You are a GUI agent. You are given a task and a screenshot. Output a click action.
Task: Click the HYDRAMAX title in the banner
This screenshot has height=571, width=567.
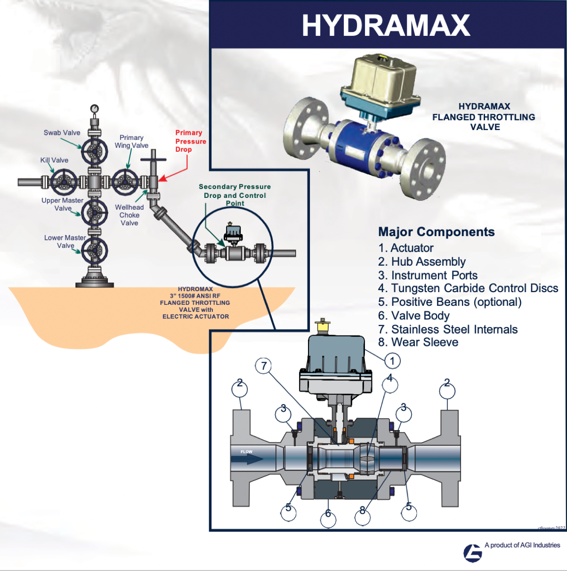(x=386, y=25)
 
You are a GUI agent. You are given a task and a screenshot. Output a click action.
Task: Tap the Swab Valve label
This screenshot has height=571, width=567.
(x=62, y=133)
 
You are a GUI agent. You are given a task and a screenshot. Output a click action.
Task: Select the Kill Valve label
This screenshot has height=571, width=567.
(x=54, y=160)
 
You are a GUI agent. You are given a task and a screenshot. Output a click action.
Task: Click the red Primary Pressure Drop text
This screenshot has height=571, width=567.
(x=190, y=141)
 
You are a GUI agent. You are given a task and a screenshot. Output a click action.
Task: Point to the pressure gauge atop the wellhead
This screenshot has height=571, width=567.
(x=95, y=109)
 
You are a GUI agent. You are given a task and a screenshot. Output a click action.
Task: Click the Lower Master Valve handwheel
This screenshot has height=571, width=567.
(x=95, y=250)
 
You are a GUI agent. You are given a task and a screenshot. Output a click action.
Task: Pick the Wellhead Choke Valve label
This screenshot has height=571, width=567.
(x=129, y=215)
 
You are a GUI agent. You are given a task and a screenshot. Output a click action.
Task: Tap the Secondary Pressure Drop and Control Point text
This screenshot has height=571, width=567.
(x=235, y=195)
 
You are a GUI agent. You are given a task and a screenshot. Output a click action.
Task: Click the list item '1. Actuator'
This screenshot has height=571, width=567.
(x=405, y=248)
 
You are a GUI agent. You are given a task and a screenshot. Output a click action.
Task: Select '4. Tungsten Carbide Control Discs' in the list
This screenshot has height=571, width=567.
(x=468, y=288)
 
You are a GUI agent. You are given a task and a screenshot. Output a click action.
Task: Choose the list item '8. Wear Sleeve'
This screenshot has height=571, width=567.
(x=418, y=343)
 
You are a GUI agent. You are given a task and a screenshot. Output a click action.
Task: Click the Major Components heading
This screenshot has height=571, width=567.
(x=436, y=232)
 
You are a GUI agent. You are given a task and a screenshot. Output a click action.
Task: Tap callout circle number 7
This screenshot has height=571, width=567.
(x=264, y=366)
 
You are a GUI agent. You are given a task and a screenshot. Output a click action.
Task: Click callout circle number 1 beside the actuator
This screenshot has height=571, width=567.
(x=392, y=361)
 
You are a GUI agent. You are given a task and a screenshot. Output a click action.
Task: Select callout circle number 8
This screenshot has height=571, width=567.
(x=363, y=516)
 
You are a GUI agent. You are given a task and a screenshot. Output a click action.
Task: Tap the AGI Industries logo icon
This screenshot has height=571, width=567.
(x=472, y=553)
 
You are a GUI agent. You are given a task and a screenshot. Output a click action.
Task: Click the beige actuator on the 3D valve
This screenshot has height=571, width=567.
(x=380, y=80)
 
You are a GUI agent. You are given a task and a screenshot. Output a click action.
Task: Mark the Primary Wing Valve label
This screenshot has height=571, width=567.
(x=131, y=141)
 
